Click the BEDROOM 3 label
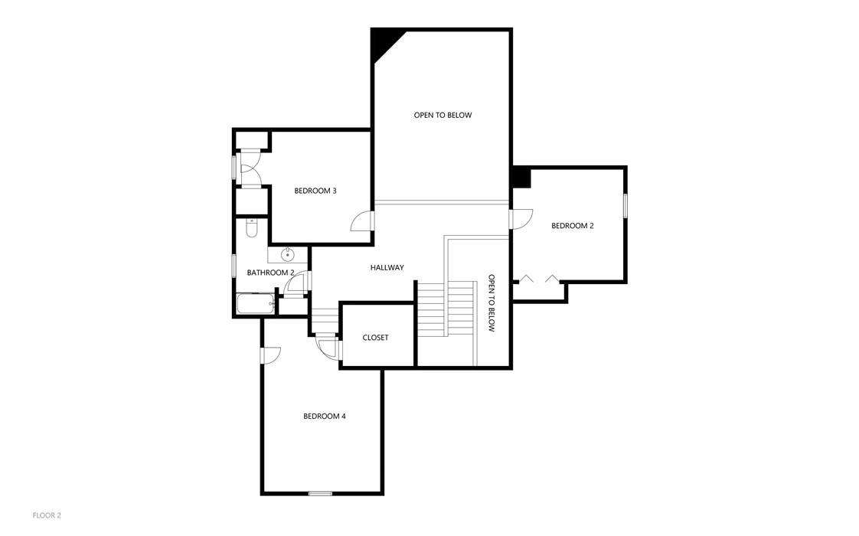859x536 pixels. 315,191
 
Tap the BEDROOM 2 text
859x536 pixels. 572,226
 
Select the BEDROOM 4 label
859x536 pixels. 325,417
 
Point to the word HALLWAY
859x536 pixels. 387,267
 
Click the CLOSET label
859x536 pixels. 375,338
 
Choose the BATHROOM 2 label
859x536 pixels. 270,273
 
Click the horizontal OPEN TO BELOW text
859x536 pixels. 443,116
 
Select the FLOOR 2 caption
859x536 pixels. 47,515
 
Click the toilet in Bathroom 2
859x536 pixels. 252,228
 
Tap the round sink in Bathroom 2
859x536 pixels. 288,254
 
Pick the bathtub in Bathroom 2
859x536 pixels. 255,305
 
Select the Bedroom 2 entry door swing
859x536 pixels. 523,218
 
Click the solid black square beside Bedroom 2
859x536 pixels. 521,178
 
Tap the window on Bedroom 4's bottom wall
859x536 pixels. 320,494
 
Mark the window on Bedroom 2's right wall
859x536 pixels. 625,206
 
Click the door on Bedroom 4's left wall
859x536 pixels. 270,355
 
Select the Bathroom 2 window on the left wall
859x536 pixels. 234,265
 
